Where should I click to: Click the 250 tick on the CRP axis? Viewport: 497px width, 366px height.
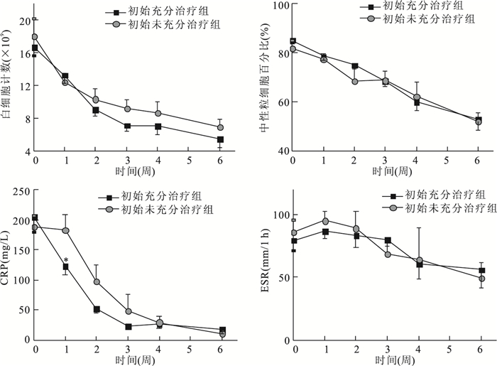(x=19, y=190)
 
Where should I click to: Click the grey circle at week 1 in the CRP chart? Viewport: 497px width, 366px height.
(x=66, y=230)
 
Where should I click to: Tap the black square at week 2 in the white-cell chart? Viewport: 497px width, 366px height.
(x=96, y=110)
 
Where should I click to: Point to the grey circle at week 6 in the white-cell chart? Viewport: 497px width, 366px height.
(x=221, y=128)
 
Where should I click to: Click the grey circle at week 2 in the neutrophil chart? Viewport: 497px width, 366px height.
(x=354, y=81)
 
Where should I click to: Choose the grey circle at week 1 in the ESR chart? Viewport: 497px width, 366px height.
(x=324, y=221)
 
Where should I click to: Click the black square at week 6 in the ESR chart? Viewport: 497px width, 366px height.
(x=481, y=270)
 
